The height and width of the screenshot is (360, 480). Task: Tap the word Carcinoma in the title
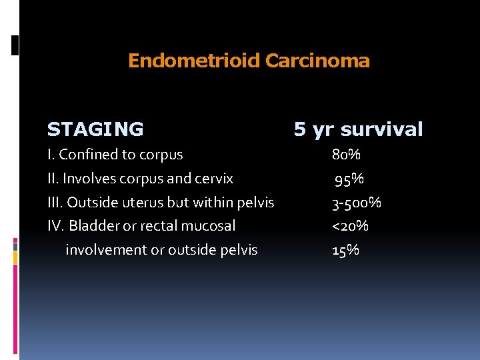(317, 61)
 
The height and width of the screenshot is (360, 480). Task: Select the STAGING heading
(95, 129)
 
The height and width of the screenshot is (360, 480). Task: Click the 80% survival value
(347, 155)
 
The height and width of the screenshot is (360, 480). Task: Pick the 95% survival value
(349, 179)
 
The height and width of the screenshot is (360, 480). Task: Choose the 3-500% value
(357, 203)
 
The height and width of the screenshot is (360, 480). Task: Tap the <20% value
(351, 226)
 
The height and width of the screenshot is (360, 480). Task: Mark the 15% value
(346, 250)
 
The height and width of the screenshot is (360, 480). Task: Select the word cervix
(214, 179)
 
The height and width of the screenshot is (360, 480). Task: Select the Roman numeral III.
(55, 203)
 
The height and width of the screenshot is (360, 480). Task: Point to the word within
(209, 203)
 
